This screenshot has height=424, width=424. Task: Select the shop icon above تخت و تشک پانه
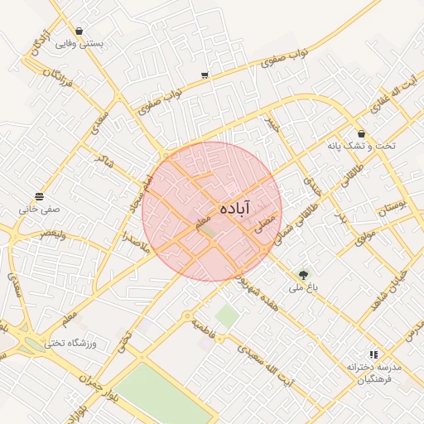[x=361, y=133]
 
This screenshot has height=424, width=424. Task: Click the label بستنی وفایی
[x=79, y=44]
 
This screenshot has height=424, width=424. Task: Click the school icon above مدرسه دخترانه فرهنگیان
[x=373, y=354]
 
